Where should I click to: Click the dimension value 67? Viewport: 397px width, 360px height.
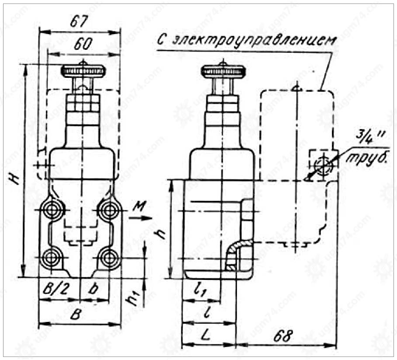pos(79,21)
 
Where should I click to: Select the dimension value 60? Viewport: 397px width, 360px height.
pos(83,44)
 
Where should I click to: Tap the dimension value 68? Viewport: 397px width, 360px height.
pos(283,336)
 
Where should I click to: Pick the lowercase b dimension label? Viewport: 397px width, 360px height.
pos(94,288)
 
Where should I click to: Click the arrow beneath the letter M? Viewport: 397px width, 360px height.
pos(140,218)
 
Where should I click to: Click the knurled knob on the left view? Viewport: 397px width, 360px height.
pos(83,71)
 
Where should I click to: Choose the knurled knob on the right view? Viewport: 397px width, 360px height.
pos(223,71)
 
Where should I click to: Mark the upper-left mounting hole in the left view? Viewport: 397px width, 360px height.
pos(52,210)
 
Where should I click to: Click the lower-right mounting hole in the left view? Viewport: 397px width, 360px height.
pos(109,258)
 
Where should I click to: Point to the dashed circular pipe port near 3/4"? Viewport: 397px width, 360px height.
pos(323,166)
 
